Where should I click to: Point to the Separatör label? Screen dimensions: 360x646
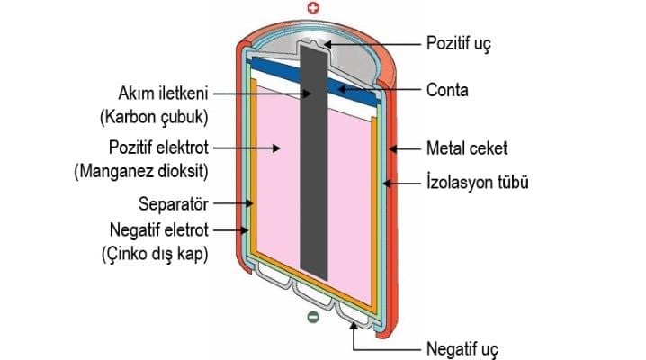171,204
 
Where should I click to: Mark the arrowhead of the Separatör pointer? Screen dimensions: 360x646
253,204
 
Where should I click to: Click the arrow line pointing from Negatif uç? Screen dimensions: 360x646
353,337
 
